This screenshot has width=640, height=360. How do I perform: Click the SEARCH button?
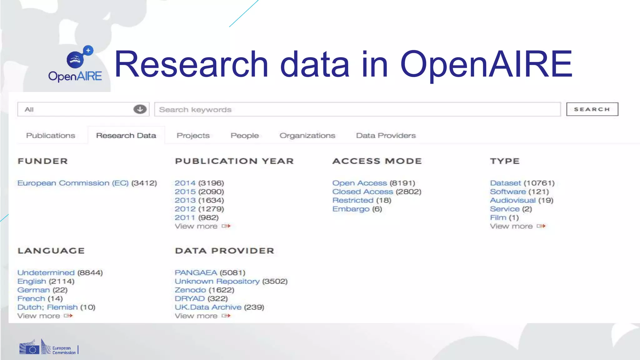[592, 109]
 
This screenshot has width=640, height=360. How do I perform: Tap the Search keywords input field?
[357, 110]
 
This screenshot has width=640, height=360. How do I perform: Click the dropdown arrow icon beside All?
[140, 109]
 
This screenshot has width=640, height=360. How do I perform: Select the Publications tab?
[51, 136]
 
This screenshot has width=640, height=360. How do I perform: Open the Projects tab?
[193, 136]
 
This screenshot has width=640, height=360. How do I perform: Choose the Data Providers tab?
[386, 136]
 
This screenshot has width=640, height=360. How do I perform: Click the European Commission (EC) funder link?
[73, 183]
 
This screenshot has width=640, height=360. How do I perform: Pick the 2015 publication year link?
[185, 192]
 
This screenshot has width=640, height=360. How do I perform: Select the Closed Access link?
[362, 192]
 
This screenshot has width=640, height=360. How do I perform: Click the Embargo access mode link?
[351, 209]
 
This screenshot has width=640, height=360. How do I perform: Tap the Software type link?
[508, 192]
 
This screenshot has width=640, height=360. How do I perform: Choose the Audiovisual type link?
[512, 200]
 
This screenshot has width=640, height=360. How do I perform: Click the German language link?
[33, 290]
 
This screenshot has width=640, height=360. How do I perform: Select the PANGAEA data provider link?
[196, 273]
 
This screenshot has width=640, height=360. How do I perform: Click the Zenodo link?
[190, 290]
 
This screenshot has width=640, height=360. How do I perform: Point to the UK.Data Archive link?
[208, 307]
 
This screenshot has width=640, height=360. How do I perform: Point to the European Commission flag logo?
[29, 348]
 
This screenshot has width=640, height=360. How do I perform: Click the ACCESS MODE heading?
[377, 161]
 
